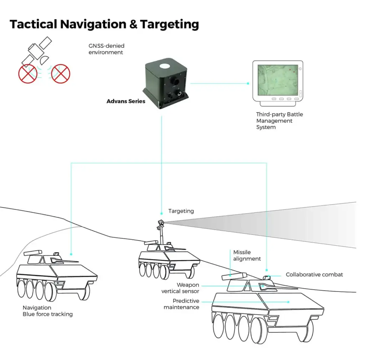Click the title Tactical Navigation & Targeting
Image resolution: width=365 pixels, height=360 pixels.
(x=104, y=24)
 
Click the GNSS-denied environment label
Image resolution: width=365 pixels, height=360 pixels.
(x=106, y=49)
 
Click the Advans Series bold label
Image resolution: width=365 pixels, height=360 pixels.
(x=126, y=101)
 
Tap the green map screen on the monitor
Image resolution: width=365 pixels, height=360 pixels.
(x=277, y=81)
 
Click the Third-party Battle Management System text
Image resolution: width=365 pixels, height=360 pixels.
(x=279, y=121)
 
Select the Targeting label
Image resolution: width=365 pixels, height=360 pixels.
(x=181, y=211)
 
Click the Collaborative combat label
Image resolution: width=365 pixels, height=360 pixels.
(x=314, y=274)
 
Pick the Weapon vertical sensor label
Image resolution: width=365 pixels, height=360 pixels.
(x=180, y=288)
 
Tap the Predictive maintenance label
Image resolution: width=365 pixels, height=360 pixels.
(x=181, y=304)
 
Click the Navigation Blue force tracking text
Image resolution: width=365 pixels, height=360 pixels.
(x=47, y=311)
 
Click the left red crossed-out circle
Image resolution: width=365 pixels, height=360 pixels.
(x=28, y=74)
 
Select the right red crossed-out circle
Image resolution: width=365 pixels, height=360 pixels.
(x=61, y=73)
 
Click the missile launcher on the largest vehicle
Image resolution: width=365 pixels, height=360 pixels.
(x=234, y=276)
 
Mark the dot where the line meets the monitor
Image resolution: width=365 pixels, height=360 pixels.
(x=248, y=83)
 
